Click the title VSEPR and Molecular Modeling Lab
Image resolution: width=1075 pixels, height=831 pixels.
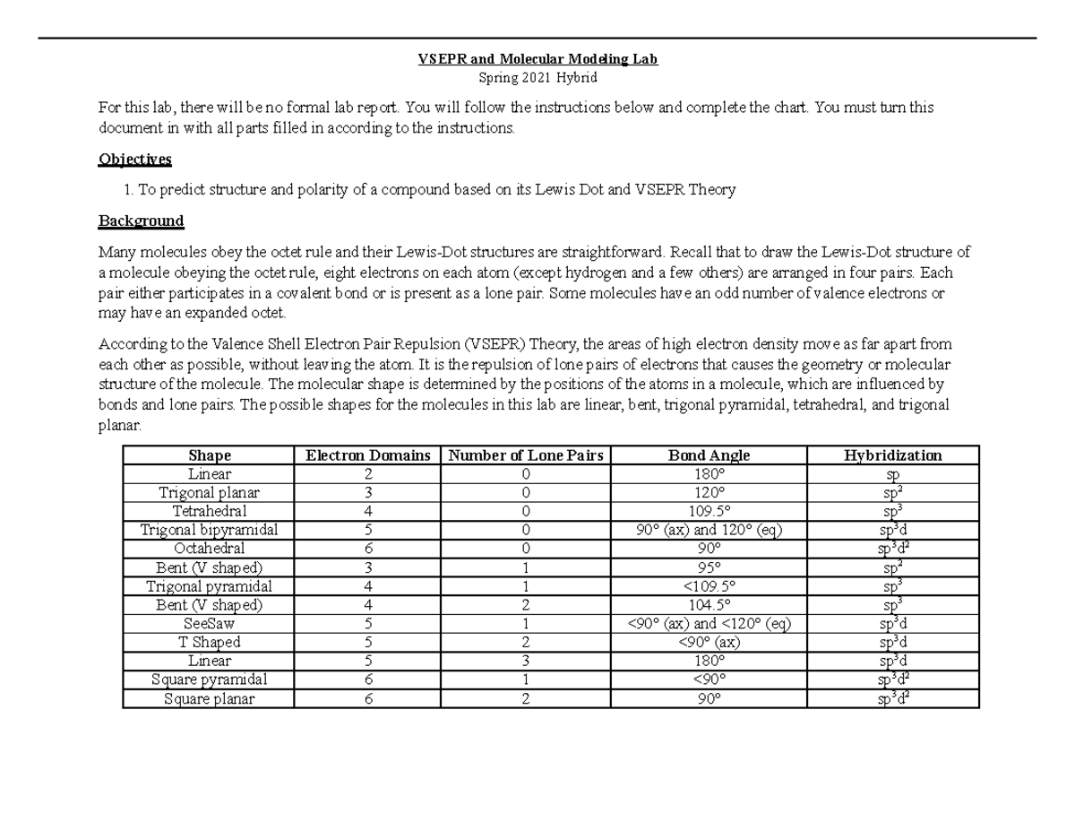tap(537, 59)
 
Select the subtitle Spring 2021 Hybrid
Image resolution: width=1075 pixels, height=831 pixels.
tap(537, 78)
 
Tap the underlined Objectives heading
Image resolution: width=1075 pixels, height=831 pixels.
tap(134, 160)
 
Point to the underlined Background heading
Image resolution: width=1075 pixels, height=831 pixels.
tap(141, 221)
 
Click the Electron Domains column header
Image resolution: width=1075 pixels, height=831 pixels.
tap(367, 455)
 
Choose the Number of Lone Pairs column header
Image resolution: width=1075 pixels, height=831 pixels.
tap(526, 455)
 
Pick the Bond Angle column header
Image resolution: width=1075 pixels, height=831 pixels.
tap(709, 455)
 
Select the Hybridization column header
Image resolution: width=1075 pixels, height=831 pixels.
tap(892, 455)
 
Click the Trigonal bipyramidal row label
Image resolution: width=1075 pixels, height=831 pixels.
tap(209, 530)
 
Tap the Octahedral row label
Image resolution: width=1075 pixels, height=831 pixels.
tap(209, 549)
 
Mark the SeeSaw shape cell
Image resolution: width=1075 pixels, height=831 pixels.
tap(209, 624)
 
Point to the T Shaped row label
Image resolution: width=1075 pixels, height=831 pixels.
tap(209, 643)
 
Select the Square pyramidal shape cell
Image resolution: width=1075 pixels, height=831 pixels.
tap(209, 680)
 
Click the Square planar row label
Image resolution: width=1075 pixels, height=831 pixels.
tap(209, 698)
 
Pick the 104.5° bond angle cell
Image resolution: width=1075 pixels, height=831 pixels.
tap(709, 605)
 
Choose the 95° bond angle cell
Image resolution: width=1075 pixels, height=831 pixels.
tap(709, 567)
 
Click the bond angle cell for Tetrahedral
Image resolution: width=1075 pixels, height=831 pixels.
tap(709, 511)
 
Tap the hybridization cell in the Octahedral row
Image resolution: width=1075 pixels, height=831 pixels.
tap(892, 549)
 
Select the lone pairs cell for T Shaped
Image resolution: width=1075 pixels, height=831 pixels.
tap(526, 643)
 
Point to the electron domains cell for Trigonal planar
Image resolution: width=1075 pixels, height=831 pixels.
tap(367, 492)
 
